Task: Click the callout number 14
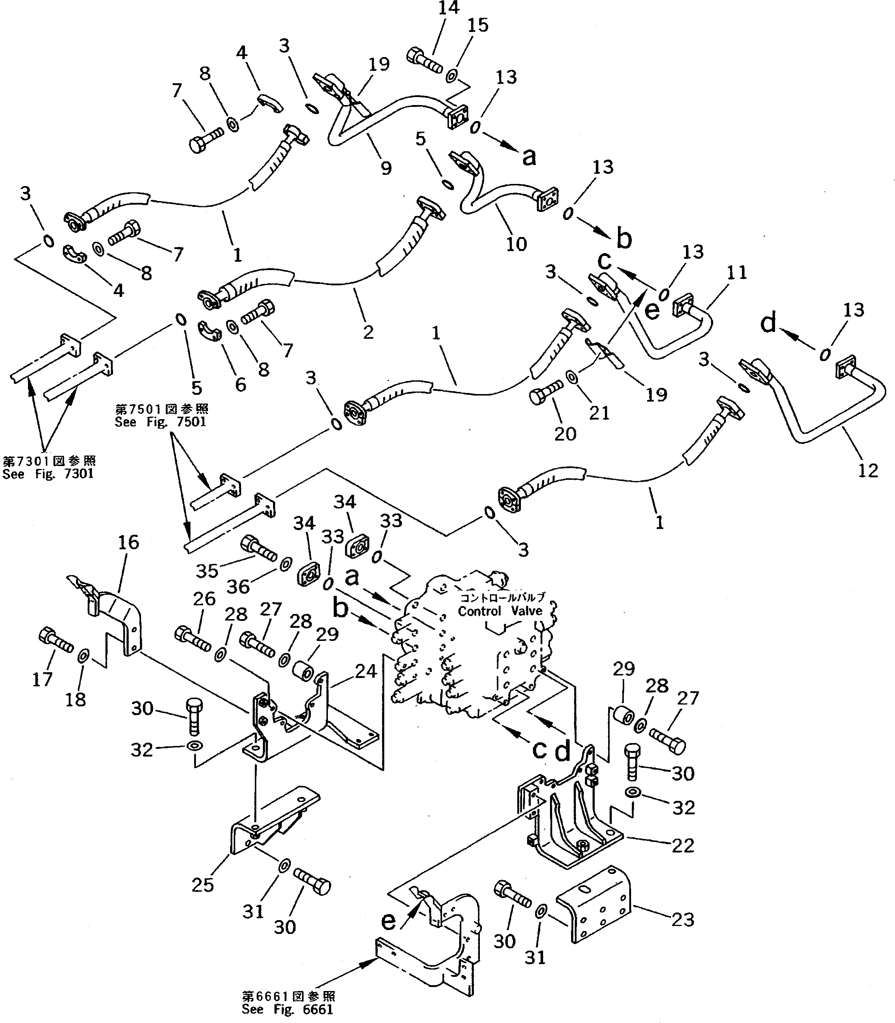(448, 8)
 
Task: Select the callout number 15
(478, 25)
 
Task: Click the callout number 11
(737, 273)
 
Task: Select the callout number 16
(128, 542)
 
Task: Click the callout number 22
(683, 846)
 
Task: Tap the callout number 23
(683, 920)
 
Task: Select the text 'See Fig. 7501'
(160, 422)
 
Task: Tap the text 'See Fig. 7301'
(48, 474)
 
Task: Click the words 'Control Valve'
(500, 611)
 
